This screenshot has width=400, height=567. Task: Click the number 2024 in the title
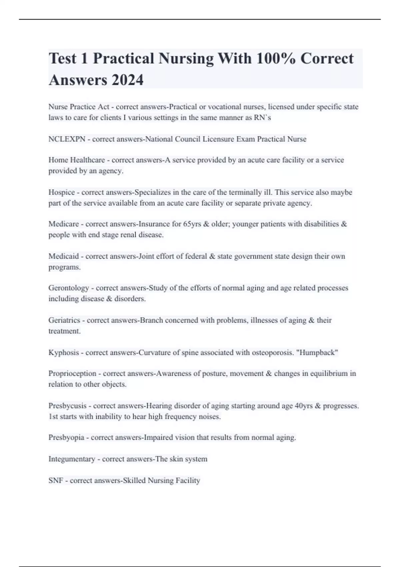click(x=127, y=80)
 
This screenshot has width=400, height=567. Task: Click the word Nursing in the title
click(x=186, y=58)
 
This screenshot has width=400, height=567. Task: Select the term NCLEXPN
click(x=67, y=139)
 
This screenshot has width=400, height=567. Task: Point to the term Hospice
click(x=62, y=192)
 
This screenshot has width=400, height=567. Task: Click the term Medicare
click(x=64, y=224)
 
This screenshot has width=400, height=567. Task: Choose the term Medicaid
click(x=64, y=256)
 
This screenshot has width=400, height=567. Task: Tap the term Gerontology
click(x=69, y=288)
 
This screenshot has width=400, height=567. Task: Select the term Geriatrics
click(x=64, y=320)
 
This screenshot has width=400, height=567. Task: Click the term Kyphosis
click(x=64, y=353)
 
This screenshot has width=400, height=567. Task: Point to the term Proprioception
click(x=72, y=374)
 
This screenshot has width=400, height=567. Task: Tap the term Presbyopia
click(x=66, y=438)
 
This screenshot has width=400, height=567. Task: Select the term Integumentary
click(x=72, y=459)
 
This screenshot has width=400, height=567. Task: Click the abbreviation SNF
click(x=56, y=481)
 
